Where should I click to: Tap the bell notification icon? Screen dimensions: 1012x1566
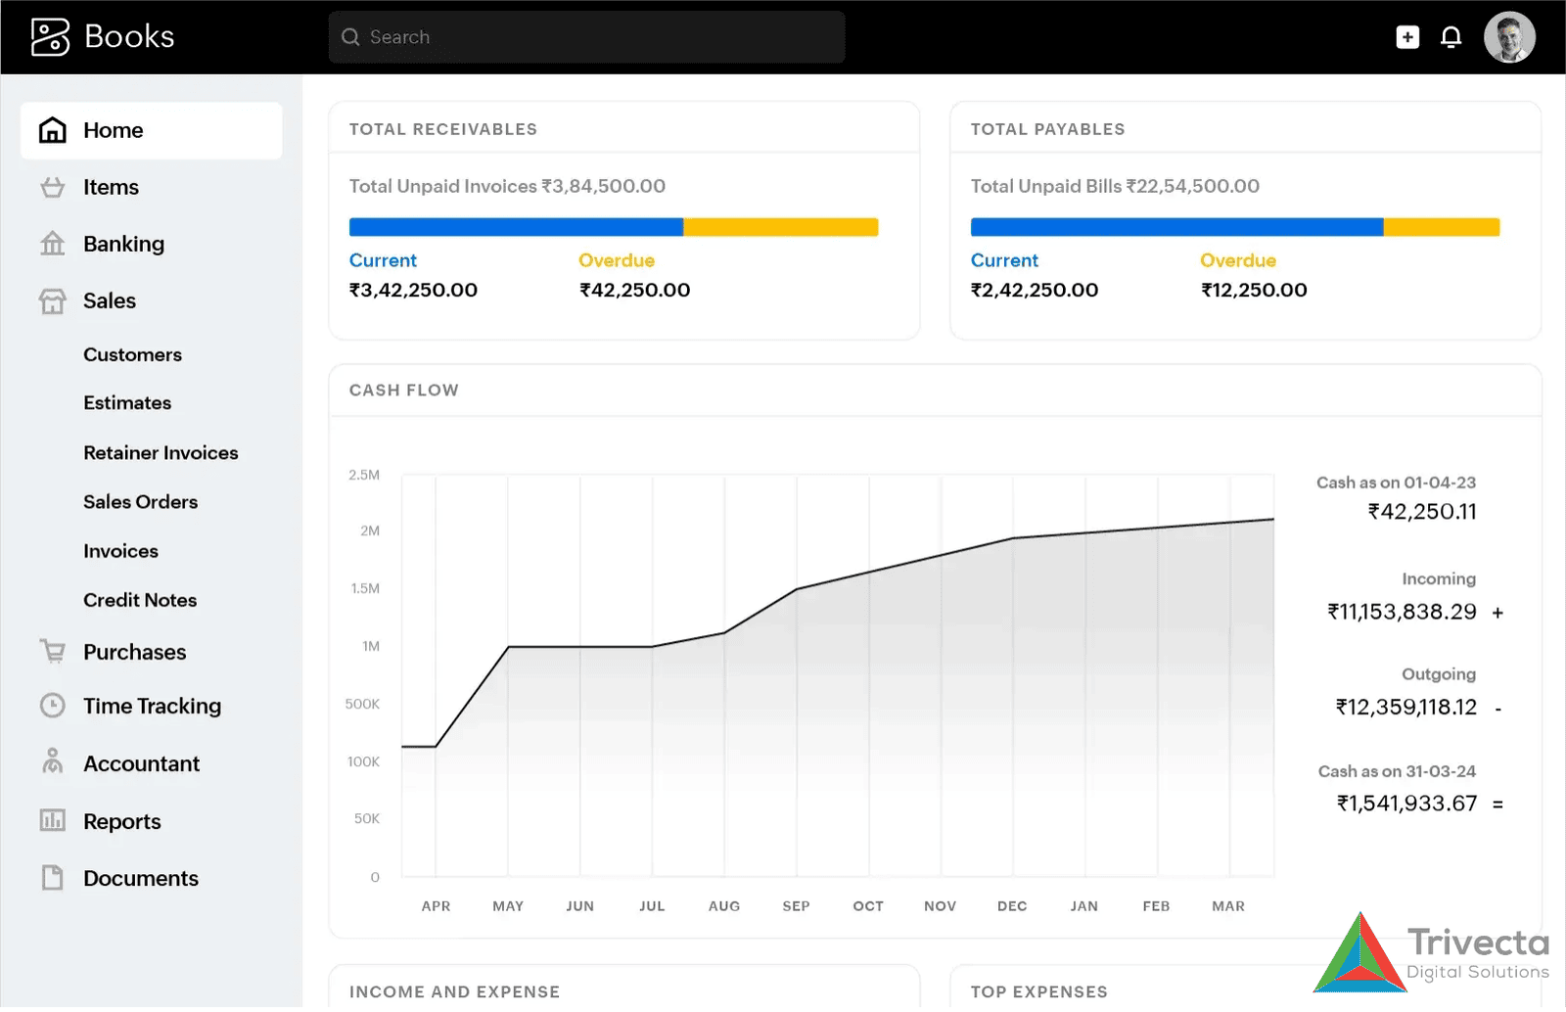click(1451, 37)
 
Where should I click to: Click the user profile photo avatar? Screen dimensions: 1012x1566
click(1508, 37)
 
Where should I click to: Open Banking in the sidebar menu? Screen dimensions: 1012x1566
click(123, 244)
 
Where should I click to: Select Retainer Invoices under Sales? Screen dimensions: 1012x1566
click(161, 453)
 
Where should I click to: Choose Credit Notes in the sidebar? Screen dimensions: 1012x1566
click(140, 600)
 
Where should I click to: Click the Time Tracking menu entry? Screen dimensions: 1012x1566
click(152, 706)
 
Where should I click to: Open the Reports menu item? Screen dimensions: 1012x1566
click(121, 821)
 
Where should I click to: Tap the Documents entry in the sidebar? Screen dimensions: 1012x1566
click(140, 878)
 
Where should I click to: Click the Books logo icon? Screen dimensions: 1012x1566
click(50, 37)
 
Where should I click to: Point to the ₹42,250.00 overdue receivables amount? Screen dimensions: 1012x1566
click(634, 290)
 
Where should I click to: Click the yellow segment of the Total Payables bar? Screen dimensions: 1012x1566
click(1441, 227)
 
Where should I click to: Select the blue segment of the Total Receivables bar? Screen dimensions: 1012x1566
click(516, 227)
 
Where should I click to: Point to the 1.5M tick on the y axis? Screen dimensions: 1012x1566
click(365, 588)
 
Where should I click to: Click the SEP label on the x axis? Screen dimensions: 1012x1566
click(796, 906)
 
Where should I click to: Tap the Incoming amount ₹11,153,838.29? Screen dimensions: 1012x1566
click(1402, 612)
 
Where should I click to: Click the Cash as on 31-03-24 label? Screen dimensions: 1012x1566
click(1397, 771)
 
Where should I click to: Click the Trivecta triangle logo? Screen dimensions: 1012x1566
click(1359, 955)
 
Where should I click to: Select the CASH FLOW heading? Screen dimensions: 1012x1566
click(403, 390)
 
